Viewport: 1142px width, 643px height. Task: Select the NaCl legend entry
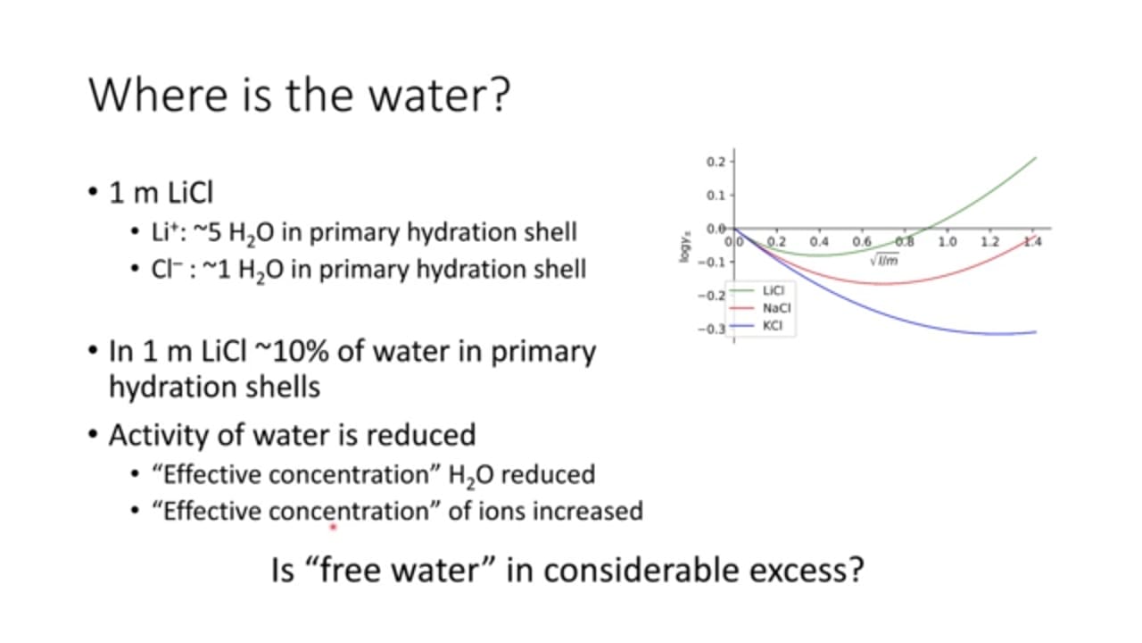[760, 308]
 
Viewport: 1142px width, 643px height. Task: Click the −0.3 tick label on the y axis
[712, 330]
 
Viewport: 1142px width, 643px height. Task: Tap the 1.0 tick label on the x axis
[948, 241]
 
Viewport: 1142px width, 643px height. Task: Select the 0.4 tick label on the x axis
[819, 241]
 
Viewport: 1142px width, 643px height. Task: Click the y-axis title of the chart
[685, 247]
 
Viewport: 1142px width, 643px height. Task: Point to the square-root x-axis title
[884, 260]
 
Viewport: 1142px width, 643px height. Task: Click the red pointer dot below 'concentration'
[334, 527]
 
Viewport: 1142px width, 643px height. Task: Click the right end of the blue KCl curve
[1036, 332]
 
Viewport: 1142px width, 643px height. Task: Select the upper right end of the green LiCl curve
[1036, 158]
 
